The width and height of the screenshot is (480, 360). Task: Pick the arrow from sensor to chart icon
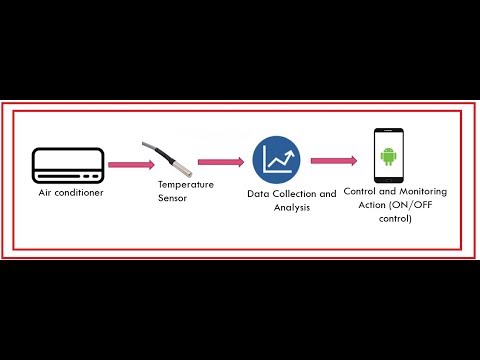click(x=221, y=160)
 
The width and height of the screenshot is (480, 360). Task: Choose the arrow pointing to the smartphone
click(x=334, y=159)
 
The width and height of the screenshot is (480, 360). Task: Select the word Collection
click(x=295, y=194)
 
